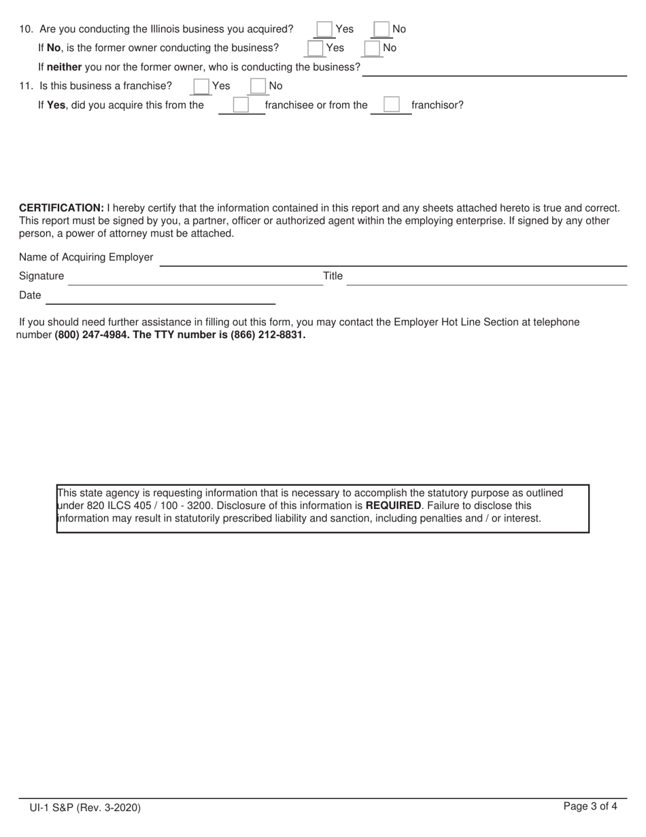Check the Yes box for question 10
coord(324,29)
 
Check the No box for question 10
coord(381,29)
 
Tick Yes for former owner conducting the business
coord(315,48)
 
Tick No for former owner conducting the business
coord(372,48)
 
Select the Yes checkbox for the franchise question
coord(201,86)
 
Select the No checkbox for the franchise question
coord(258,86)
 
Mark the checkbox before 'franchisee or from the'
coord(241,105)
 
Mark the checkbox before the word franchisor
coord(391,105)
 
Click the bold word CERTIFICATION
coord(61,208)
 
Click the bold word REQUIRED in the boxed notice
coord(393,506)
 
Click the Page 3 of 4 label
coord(590,807)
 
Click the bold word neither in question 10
coord(64,67)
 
